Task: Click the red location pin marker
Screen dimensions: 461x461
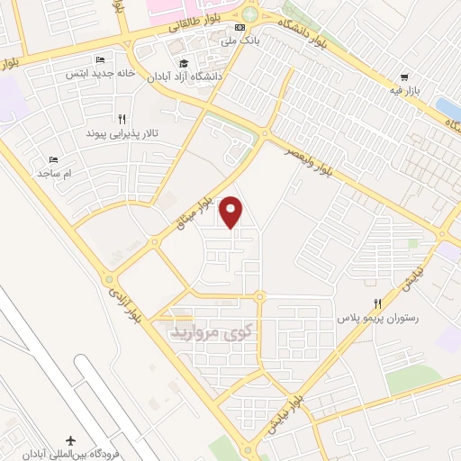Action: [x=232, y=212]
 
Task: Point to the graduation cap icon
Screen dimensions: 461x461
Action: [x=184, y=64]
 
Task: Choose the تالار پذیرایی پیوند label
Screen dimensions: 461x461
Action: [x=128, y=132]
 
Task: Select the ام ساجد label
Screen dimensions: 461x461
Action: [x=59, y=171]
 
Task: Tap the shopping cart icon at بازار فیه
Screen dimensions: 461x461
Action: [x=405, y=78]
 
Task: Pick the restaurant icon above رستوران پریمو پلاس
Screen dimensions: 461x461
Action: [x=378, y=303]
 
